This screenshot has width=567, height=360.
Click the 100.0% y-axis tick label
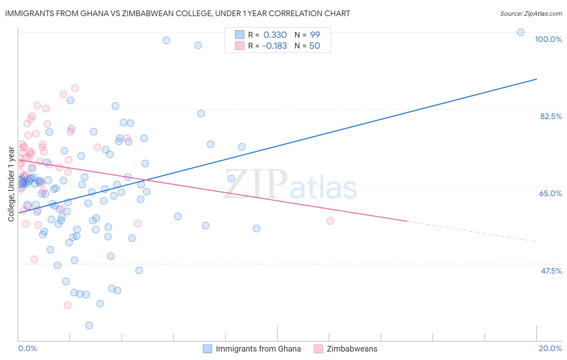point(548,39)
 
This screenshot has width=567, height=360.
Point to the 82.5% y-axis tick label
point(551,116)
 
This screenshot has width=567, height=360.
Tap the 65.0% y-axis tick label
point(550,193)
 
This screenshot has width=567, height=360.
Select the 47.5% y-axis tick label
point(551,271)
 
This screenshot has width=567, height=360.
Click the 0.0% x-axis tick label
point(27,348)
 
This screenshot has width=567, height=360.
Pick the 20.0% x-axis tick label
point(550,348)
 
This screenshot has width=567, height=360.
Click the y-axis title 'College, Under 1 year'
point(11,184)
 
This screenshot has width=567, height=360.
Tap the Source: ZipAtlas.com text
point(531,13)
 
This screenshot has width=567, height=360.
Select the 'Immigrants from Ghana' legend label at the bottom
point(258,349)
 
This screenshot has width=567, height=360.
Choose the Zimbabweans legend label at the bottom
point(352,349)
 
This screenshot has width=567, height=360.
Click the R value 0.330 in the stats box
point(275,35)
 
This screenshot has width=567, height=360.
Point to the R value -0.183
point(274,46)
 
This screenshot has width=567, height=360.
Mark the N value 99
point(315,35)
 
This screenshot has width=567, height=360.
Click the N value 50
point(315,46)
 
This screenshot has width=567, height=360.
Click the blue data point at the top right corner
point(521,32)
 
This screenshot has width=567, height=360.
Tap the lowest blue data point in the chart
point(89,325)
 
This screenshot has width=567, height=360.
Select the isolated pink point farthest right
point(330,221)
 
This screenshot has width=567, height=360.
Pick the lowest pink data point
point(67,305)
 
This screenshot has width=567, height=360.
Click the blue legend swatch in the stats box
point(240,35)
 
